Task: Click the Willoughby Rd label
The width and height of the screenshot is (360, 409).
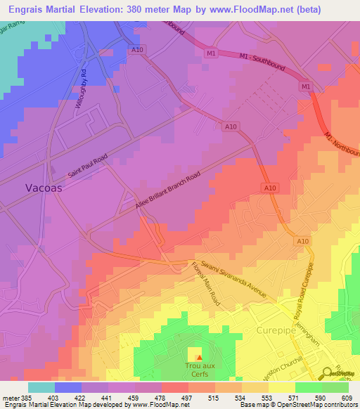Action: [x=81, y=88]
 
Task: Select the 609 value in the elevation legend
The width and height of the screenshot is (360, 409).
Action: [x=345, y=397]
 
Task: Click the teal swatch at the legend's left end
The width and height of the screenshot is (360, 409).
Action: [x=41, y=387]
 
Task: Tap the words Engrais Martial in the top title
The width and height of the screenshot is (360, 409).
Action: [x=48, y=9]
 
